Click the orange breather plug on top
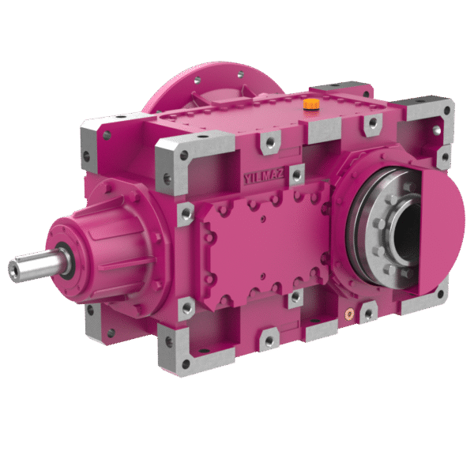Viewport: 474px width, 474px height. coord(311,104)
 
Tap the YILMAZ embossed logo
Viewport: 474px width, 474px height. coord(264,176)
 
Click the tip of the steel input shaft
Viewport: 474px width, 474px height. coord(13,270)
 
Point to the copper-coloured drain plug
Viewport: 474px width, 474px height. coord(349,314)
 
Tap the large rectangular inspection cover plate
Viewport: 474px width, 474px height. coord(265,246)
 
